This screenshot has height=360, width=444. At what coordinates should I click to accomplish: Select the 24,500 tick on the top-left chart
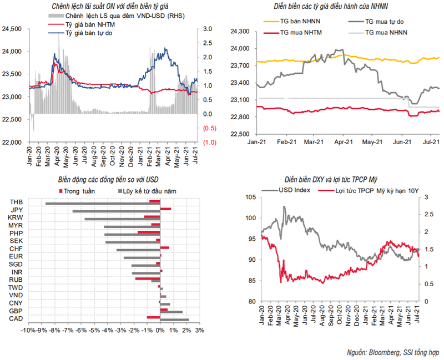tap(12, 28)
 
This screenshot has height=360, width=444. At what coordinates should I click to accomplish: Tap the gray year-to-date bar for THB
tap(103, 204)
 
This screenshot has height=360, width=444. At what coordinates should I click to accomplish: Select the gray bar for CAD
tap(174, 320)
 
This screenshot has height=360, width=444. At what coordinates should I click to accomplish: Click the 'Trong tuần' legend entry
tap(78, 191)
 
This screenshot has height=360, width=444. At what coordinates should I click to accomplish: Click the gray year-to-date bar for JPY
tap(116, 211)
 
